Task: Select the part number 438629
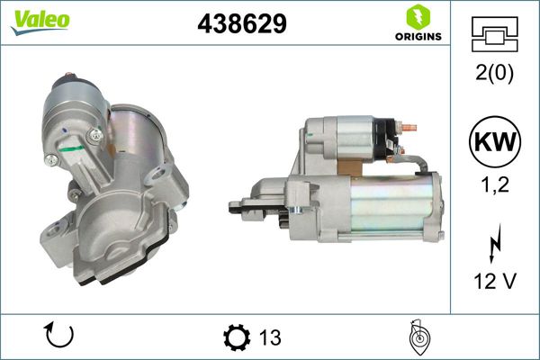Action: click(241, 24)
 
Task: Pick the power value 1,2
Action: click(494, 184)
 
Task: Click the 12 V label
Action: click(494, 282)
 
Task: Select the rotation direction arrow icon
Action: click(59, 337)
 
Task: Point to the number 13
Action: click(269, 337)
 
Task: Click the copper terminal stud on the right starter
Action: click(407, 129)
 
